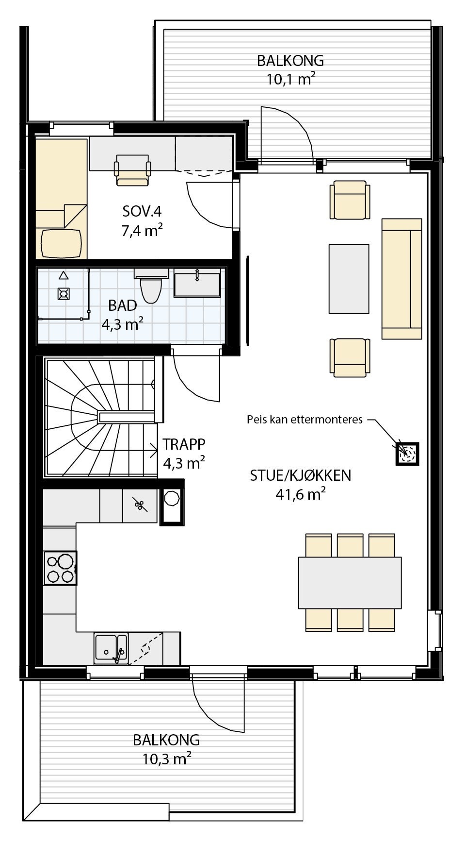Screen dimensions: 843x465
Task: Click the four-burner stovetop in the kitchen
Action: pos(60,568)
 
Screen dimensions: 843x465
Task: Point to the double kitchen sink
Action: pos(111,648)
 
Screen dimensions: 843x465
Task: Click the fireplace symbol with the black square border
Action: pos(407,454)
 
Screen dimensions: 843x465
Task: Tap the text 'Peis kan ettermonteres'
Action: pos(305,420)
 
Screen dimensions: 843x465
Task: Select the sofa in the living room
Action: pos(401,278)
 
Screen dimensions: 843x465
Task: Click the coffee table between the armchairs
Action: pos(349,279)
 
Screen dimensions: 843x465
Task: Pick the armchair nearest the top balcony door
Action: pos(348,200)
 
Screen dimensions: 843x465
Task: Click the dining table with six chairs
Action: pos(350,583)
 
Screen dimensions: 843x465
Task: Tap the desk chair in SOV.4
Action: pos(132,170)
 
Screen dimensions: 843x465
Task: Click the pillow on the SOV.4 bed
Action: pos(61,243)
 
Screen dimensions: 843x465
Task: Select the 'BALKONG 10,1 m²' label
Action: pos(290,69)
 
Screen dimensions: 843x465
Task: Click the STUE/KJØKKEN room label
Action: pos(300,475)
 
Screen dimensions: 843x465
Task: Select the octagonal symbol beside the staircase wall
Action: pos(172,498)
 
